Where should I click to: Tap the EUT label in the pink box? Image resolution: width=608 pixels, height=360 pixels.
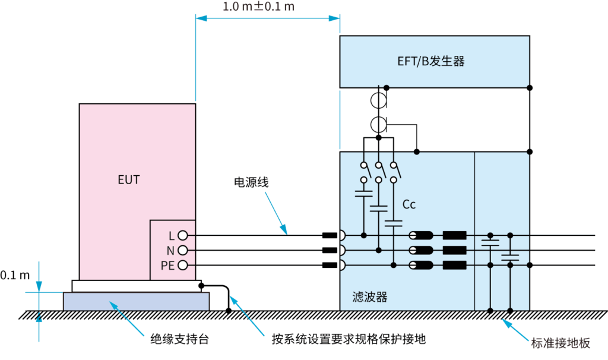pyautogui.click(x=128, y=179)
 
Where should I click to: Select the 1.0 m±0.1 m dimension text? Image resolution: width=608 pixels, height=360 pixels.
pyautogui.click(x=259, y=7)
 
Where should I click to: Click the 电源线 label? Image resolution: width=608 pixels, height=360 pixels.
pyautogui.click(x=251, y=182)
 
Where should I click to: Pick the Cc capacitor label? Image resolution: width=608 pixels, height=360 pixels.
pyautogui.click(x=409, y=205)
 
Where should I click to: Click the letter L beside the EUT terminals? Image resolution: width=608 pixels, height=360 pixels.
pyautogui.click(x=171, y=235)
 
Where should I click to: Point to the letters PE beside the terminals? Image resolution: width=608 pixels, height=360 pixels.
pyautogui.click(x=167, y=265)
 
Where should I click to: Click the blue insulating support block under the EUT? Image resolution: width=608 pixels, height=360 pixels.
pyautogui.click(x=136, y=301)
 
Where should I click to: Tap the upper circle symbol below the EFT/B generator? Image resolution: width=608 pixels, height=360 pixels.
pyautogui.click(x=379, y=100)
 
